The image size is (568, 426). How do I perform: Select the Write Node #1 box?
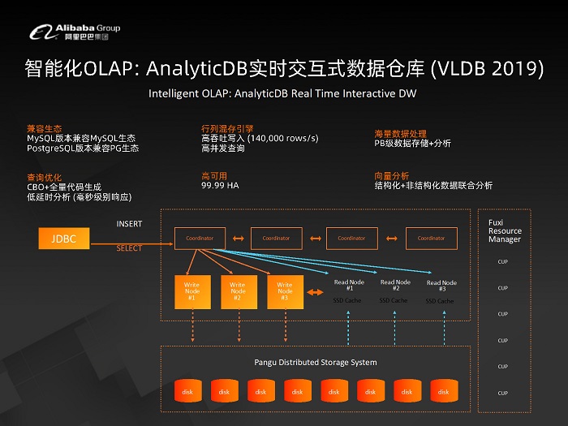[191, 292]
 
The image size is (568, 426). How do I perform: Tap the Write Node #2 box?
[238, 292]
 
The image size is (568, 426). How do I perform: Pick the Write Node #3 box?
[285, 292]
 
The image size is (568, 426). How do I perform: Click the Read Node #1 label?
[349, 285]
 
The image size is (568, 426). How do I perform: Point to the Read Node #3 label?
[441, 286]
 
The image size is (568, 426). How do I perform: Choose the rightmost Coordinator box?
[431, 238]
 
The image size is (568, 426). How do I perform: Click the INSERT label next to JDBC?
[129, 224]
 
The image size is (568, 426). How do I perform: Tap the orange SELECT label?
[129, 248]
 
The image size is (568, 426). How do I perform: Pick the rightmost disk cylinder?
[443, 391]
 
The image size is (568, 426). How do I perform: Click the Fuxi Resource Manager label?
[504, 230]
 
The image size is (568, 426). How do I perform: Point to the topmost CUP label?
[503, 261]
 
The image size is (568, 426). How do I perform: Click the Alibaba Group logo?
[75, 32]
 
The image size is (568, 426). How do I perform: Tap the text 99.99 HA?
[220, 185]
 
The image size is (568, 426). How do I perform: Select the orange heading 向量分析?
[391, 174]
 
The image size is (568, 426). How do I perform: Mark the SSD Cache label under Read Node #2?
[395, 300]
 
